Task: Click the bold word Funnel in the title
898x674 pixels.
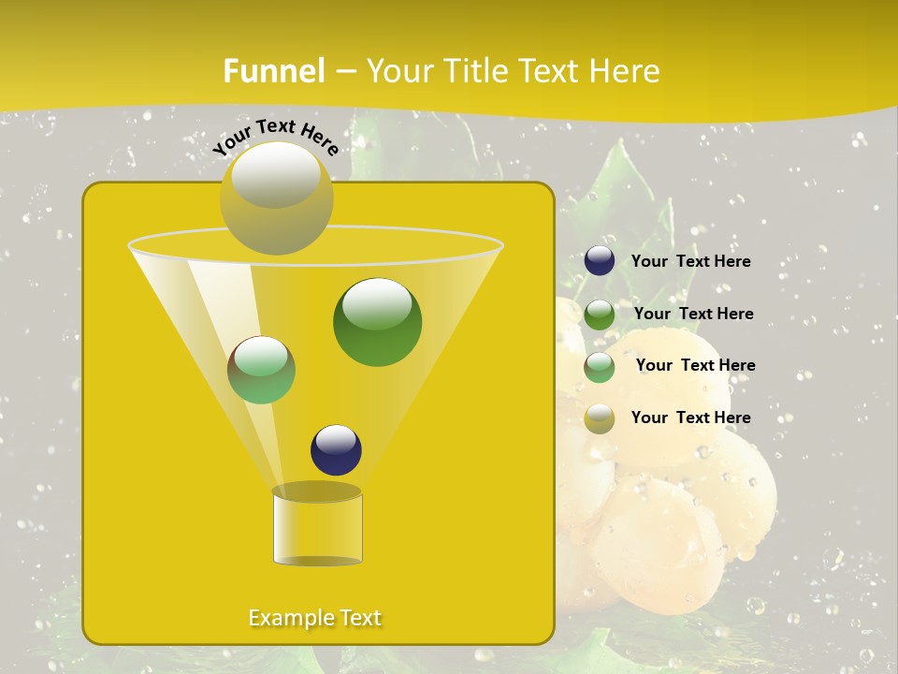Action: pos(274,71)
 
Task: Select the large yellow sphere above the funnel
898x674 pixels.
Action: pos(276,198)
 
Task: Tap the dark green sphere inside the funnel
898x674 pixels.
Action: pos(377,322)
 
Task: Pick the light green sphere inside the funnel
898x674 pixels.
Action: pos(261,370)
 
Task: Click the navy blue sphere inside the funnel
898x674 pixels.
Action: pos(336,450)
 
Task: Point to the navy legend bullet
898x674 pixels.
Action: pos(600,261)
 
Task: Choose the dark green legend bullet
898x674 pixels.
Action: pos(600,314)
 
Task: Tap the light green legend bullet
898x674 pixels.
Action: pos(600,366)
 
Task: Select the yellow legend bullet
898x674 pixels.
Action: pos(600,418)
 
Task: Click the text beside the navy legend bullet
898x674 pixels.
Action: pos(690,262)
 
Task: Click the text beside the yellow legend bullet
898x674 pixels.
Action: pos(690,418)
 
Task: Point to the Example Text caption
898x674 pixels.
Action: pos(314,618)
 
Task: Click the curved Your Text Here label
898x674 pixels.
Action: pos(276,137)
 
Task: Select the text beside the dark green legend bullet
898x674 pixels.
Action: pos(693,314)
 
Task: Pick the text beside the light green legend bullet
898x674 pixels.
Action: pos(695,365)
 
